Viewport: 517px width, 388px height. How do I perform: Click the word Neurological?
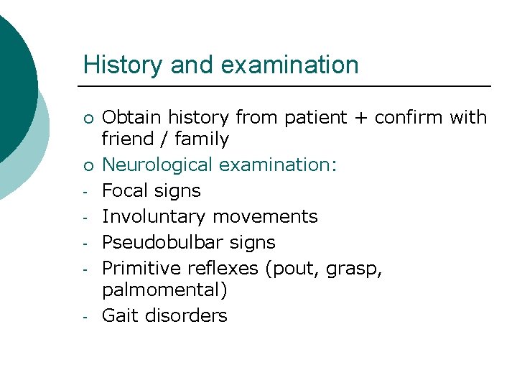158,165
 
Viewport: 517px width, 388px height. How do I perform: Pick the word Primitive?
141,268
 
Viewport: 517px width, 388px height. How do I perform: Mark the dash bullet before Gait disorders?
85,317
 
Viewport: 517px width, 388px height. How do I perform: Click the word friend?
126,139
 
